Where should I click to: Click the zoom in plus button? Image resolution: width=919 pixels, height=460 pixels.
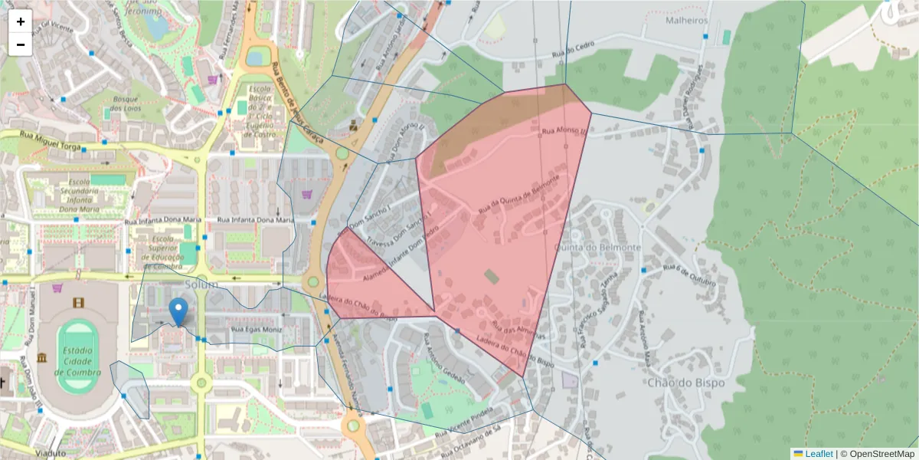21,21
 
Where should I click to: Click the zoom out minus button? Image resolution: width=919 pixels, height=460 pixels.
21,44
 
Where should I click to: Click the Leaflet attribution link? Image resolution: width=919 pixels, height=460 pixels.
818,454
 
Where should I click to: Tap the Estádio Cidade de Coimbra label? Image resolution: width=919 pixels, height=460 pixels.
77,361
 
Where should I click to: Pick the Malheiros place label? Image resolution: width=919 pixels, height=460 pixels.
686,21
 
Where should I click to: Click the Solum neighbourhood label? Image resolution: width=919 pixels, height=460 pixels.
201,285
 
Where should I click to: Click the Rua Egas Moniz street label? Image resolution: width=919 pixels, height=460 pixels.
256,330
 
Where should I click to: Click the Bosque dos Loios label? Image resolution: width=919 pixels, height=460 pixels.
125,103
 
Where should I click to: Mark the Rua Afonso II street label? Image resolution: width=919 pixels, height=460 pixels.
563,133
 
